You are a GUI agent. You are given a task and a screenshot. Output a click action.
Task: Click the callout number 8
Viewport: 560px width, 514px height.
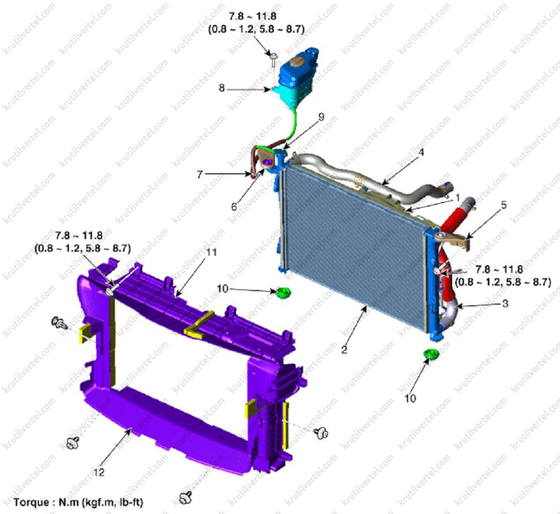pos(222,88)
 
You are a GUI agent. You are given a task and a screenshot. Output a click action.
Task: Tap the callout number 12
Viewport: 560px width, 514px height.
pos(99,472)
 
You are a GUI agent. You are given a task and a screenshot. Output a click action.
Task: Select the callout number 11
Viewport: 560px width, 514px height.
pos(212,252)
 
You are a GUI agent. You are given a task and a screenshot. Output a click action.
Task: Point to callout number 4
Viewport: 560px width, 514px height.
pos(422,152)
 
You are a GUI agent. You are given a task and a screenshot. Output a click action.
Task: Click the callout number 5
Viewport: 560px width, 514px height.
pos(504,205)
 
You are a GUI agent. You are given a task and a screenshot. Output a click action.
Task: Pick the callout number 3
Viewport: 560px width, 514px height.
pos(234,207)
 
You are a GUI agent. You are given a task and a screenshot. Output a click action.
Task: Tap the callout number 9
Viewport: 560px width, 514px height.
pos(321,117)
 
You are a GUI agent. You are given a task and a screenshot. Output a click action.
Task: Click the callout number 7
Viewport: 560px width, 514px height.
pos(200,174)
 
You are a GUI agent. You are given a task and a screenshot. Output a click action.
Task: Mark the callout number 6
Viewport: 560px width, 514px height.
pos(234,207)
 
